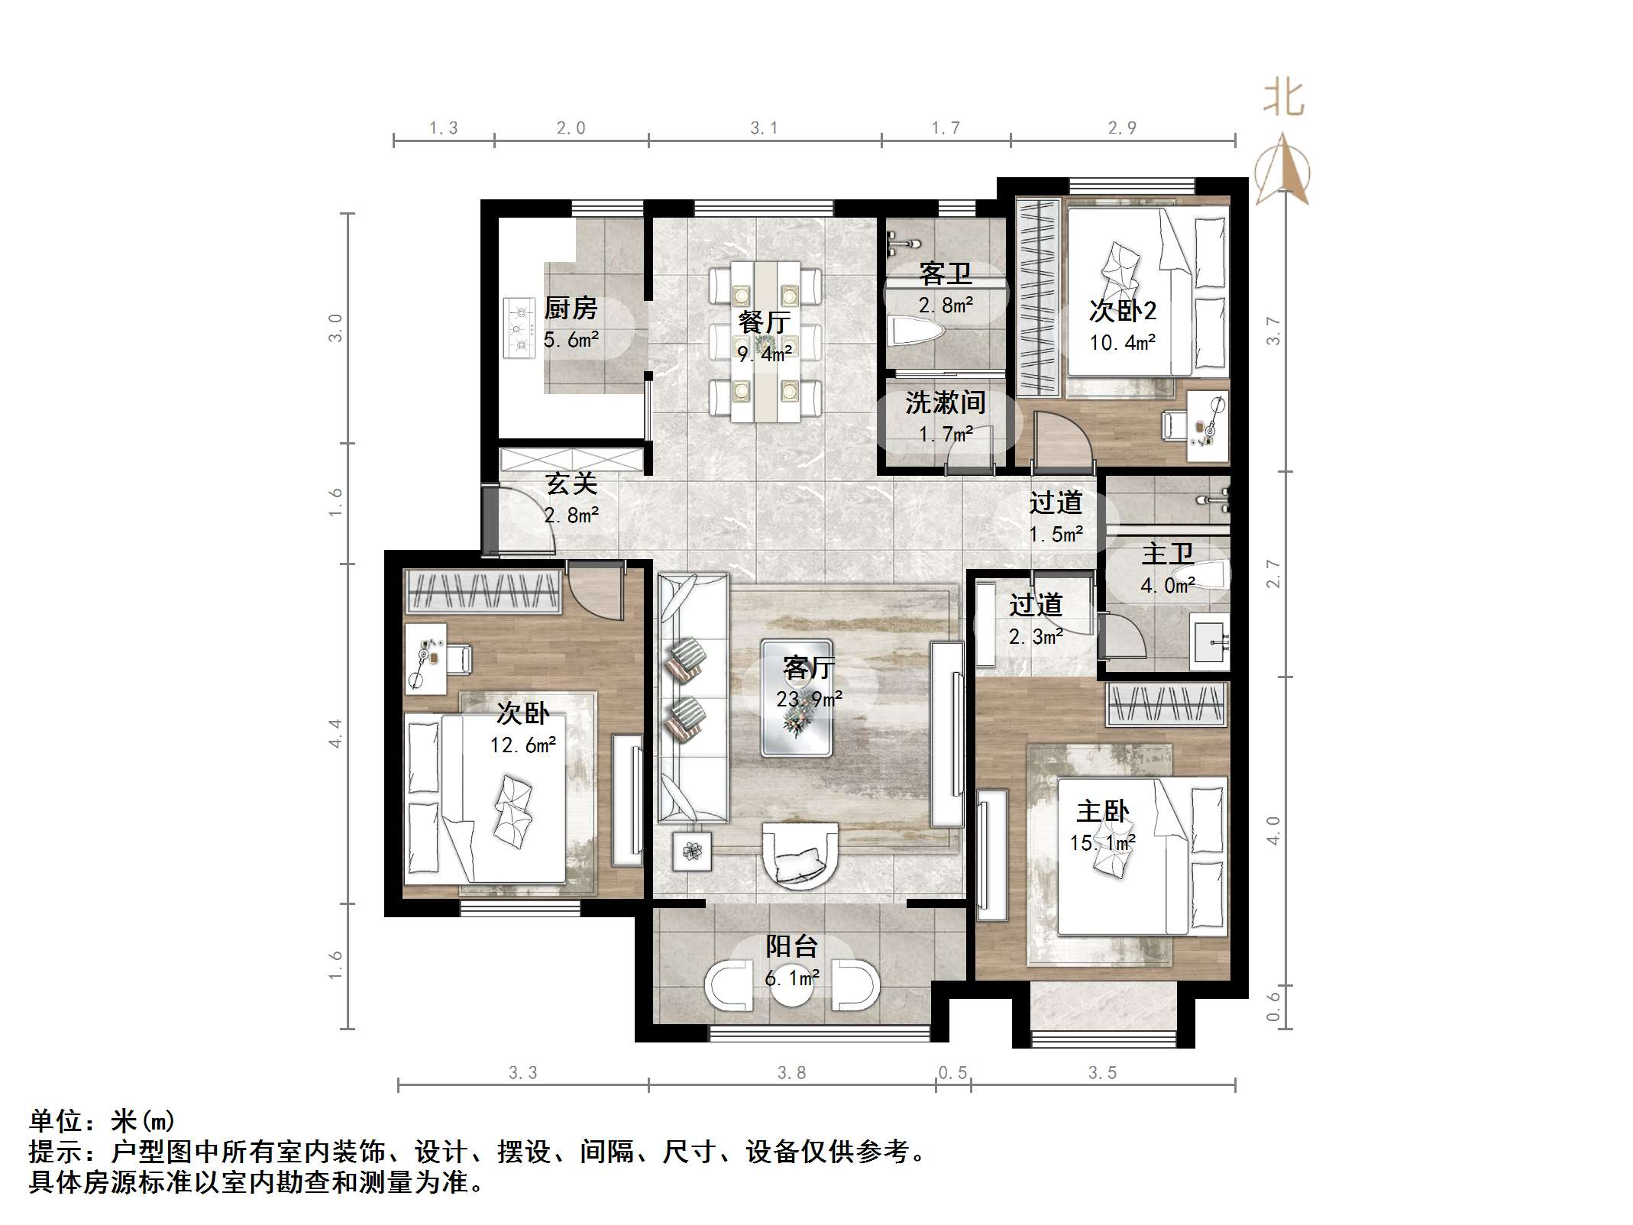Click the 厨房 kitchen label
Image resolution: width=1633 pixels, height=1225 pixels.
point(570,308)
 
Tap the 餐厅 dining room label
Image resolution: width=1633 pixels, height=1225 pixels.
point(764,322)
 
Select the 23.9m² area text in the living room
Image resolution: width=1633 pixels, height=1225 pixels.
point(809,699)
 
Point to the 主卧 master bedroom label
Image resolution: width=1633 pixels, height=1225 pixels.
point(1102,811)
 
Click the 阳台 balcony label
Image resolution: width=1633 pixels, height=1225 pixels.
point(792,946)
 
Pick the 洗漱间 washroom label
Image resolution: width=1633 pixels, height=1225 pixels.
point(945,402)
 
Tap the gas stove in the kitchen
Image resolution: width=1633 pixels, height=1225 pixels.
point(519,328)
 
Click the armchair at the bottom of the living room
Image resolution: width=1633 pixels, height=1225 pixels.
point(800,855)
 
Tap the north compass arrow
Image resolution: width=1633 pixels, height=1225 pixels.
point(1283,168)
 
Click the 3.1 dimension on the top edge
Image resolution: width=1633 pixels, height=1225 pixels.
point(764,128)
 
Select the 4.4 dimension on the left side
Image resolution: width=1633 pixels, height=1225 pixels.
point(335,733)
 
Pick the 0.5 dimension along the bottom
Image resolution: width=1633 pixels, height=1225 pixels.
point(952,1073)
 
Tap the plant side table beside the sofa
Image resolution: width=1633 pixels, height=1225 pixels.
point(692,851)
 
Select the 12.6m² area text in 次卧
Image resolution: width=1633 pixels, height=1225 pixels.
point(523,745)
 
